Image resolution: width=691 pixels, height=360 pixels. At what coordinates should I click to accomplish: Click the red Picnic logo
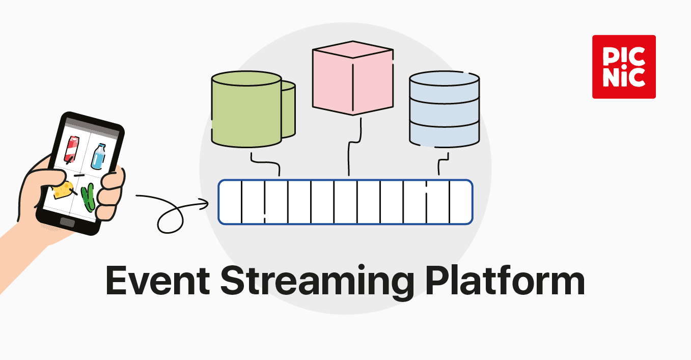(x=624, y=67)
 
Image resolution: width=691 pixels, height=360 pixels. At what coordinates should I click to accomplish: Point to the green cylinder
(x=247, y=109)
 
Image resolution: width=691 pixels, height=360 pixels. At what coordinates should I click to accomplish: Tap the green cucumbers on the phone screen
(x=89, y=197)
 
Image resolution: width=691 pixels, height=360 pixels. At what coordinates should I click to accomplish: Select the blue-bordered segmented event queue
(x=345, y=202)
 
